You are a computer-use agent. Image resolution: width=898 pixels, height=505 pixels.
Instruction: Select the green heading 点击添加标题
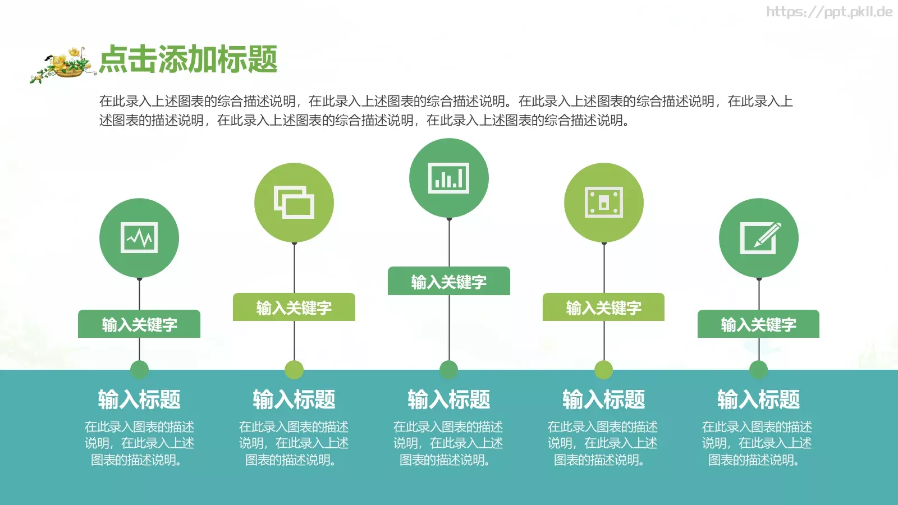[188, 59]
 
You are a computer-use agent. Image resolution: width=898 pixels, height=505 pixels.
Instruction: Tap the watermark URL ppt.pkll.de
[829, 12]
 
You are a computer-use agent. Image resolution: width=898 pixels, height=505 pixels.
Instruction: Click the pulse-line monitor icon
[139, 237]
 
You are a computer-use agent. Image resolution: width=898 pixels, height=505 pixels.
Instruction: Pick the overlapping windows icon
[294, 202]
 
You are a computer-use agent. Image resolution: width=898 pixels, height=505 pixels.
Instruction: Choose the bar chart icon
[448, 178]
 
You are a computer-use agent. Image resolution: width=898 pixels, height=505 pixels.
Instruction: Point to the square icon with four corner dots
[603, 202]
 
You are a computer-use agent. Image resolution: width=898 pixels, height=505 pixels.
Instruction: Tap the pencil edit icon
[759, 237]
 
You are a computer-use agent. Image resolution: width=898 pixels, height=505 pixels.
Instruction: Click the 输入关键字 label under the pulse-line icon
[139, 324]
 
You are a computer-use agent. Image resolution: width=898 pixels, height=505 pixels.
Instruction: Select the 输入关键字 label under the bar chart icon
[449, 281]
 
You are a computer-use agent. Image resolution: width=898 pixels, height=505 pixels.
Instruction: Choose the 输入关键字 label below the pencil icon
[758, 324]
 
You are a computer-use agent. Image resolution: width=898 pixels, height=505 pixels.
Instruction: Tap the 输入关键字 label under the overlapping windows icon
[294, 307]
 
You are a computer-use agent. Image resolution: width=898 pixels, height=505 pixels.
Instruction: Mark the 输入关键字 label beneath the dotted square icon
[603, 307]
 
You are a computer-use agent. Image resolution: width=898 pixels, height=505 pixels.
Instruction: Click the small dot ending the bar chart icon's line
[449, 370]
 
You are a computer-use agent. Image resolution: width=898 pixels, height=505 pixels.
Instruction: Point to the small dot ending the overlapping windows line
[294, 370]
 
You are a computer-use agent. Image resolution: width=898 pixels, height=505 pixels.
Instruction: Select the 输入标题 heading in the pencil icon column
[758, 400]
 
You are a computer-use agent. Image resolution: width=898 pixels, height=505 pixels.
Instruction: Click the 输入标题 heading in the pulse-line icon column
[139, 400]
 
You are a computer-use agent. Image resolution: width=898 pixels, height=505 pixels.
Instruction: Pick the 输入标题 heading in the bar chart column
[449, 400]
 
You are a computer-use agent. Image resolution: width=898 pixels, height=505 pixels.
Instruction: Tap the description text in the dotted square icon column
[603, 443]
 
